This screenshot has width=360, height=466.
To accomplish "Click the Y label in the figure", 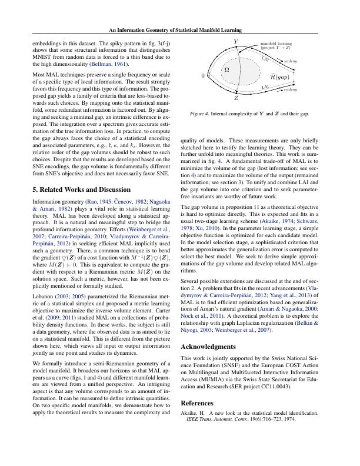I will click(236, 42).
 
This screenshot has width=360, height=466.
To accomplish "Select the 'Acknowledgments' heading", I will click(209, 347).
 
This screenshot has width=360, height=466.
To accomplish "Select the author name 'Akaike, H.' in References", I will click(193, 413).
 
